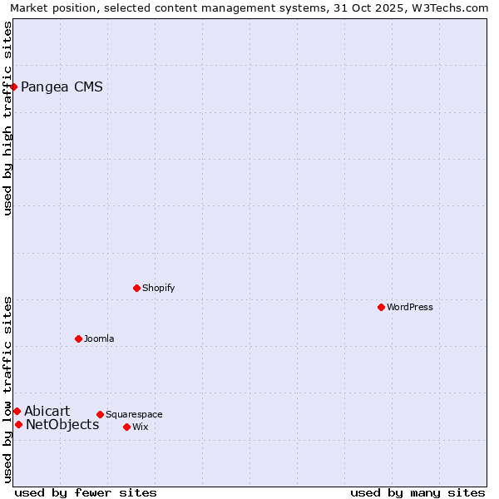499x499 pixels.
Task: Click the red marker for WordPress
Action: point(381,307)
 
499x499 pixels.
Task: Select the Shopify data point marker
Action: point(136,288)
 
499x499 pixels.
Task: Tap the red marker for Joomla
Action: point(78,338)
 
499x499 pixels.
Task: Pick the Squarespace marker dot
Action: point(100,414)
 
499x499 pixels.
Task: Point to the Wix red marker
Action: point(126,427)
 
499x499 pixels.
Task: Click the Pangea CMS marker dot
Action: point(13,86)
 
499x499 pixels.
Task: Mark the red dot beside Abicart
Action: point(17,411)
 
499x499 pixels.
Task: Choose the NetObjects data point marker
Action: point(18,424)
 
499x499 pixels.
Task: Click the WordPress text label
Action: point(410,307)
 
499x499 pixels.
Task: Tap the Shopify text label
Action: point(158,288)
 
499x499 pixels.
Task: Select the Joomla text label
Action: point(99,338)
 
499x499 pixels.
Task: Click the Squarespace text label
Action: point(134,414)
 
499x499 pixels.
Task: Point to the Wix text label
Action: point(141,427)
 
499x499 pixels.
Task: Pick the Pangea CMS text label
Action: point(62,86)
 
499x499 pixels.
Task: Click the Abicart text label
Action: point(47,411)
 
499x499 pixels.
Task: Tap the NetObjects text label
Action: point(62,424)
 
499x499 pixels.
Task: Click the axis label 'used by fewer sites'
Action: point(86,492)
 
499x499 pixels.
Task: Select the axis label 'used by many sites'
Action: point(417,492)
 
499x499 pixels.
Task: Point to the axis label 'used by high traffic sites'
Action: point(8,118)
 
